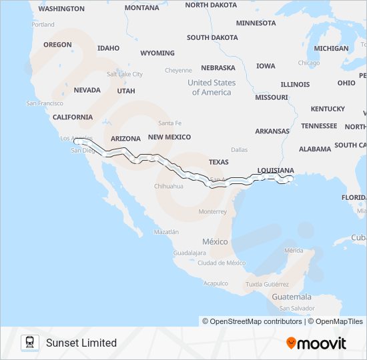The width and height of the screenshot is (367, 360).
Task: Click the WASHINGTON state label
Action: tap(61, 9)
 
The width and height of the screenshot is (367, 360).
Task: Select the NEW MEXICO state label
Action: tap(169, 137)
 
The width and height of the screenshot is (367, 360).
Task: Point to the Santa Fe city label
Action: tap(169, 123)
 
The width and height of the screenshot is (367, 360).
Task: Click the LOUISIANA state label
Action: tap(275, 170)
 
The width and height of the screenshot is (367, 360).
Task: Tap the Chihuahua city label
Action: tap(169, 186)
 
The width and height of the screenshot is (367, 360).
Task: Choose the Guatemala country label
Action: tap(292, 297)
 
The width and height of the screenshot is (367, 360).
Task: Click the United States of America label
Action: tap(212, 87)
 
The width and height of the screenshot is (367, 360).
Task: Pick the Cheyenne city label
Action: tap(178, 70)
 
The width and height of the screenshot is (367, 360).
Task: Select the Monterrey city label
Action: tap(213, 211)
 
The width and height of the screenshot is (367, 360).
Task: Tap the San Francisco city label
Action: tap(45, 103)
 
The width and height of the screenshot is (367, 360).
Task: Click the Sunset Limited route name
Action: tap(81, 343)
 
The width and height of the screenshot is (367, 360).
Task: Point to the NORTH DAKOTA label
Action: tap(211, 5)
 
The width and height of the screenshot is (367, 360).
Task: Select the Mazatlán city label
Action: tap(166, 231)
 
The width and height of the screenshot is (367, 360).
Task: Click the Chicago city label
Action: tap(309, 63)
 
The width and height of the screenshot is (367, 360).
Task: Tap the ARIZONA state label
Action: tap(125, 139)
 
